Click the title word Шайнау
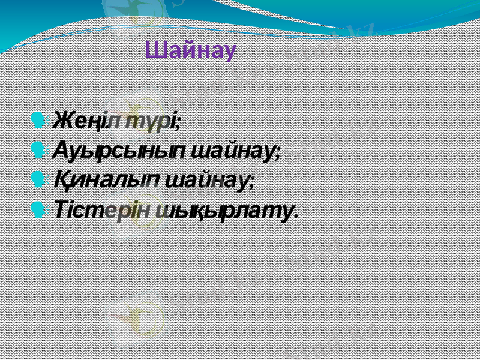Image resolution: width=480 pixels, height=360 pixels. (191, 50)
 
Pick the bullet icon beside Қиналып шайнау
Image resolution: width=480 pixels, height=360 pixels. (38, 179)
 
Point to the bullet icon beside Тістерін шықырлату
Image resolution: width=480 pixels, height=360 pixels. (38, 209)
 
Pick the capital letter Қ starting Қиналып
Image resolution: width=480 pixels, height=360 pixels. (59, 179)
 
